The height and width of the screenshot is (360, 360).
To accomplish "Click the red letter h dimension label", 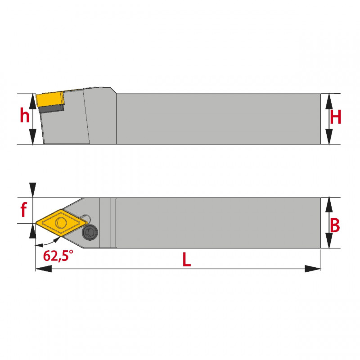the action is [x=25, y=115].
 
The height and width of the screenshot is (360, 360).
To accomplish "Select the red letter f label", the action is [x=24, y=209].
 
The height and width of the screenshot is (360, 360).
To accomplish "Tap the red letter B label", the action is [x=335, y=225].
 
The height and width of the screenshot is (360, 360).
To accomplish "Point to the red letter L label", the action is [x=187, y=259].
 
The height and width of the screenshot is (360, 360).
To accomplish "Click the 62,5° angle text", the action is [x=58, y=255].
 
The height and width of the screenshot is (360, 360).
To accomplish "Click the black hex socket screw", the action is [x=90, y=233].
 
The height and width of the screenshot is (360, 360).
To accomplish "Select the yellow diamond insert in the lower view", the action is [x=62, y=222].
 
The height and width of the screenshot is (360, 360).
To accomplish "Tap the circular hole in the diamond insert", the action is [x=61, y=222].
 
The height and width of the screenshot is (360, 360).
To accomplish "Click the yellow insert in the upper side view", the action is [x=50, y=99].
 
